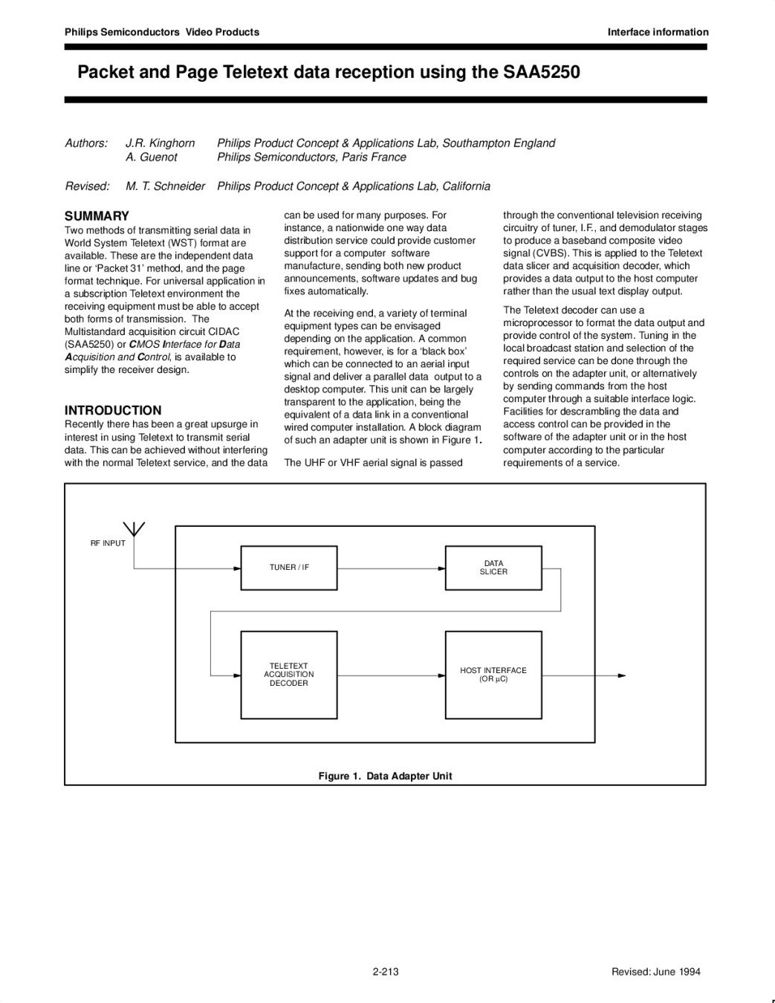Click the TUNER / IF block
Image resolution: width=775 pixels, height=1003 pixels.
coord(289,568)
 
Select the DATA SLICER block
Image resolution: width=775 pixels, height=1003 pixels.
coord(493,568)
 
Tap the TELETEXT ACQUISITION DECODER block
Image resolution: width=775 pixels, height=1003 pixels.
coord(289,675)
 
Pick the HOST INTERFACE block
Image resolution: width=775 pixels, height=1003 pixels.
coord(493,675)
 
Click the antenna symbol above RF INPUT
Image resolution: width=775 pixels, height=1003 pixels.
coord(134,529)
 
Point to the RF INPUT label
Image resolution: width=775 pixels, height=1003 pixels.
coord(108,543)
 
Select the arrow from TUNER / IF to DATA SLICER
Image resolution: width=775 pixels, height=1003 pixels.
coord(391,568)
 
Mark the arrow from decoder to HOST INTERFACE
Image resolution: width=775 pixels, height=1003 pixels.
coord(391,675)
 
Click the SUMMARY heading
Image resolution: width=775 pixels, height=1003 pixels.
coord(97,216)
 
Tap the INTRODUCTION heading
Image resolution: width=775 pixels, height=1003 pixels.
coord(113,410)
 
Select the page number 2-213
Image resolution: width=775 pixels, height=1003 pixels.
coord(386,971)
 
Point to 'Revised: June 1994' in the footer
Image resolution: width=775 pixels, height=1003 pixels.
coord(655,971)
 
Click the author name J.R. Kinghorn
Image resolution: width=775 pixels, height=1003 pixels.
coord(160,143)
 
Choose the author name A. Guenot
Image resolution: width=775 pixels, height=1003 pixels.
coord(152,157)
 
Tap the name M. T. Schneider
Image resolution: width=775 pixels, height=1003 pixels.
coord(165,186)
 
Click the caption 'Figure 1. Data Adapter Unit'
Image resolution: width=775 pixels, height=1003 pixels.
coord(385,776)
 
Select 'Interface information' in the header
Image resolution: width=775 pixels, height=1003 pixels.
coord(658,32)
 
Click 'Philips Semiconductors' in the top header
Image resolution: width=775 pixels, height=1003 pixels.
coord(122,32)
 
